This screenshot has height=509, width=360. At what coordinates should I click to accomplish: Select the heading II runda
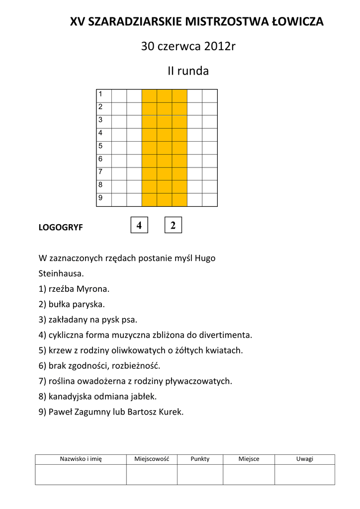pyautogui.click(x=187, y=71)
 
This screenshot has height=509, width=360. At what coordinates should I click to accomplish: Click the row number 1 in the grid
pyautogui.click(x=100, y=94)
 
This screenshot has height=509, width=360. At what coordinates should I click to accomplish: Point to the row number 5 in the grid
pyautogui.click(x=100, y=146)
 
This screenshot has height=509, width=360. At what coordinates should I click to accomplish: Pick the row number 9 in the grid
pyautogui.click(x=100, y=198)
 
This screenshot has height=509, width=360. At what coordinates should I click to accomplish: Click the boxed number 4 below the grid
pyautogui.click(x=139, y=225)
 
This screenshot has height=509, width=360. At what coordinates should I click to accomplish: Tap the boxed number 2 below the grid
pyautogui.click(x=173, y=225)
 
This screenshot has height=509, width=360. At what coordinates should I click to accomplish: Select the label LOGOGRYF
pyautogui.click(x=61, y=228)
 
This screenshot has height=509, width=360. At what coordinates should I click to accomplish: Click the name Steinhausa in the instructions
pyautogui.click(x=61, y=273)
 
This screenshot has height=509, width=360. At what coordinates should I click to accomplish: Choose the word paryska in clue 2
pyautogui.click(x=90, y=304)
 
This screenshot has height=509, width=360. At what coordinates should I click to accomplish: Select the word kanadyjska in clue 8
pyautogui.click(x=69, y=397)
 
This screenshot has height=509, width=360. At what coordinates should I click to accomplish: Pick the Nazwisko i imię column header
pyautogui.click(x=81, y=459)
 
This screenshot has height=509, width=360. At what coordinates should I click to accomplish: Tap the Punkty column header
pyautogui.click(x=200, y=459)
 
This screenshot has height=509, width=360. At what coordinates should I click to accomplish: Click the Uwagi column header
pyautogui.click(x=305, y=459)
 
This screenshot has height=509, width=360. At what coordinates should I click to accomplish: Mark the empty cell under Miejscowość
pyautogui.click(x=152, y=474)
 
